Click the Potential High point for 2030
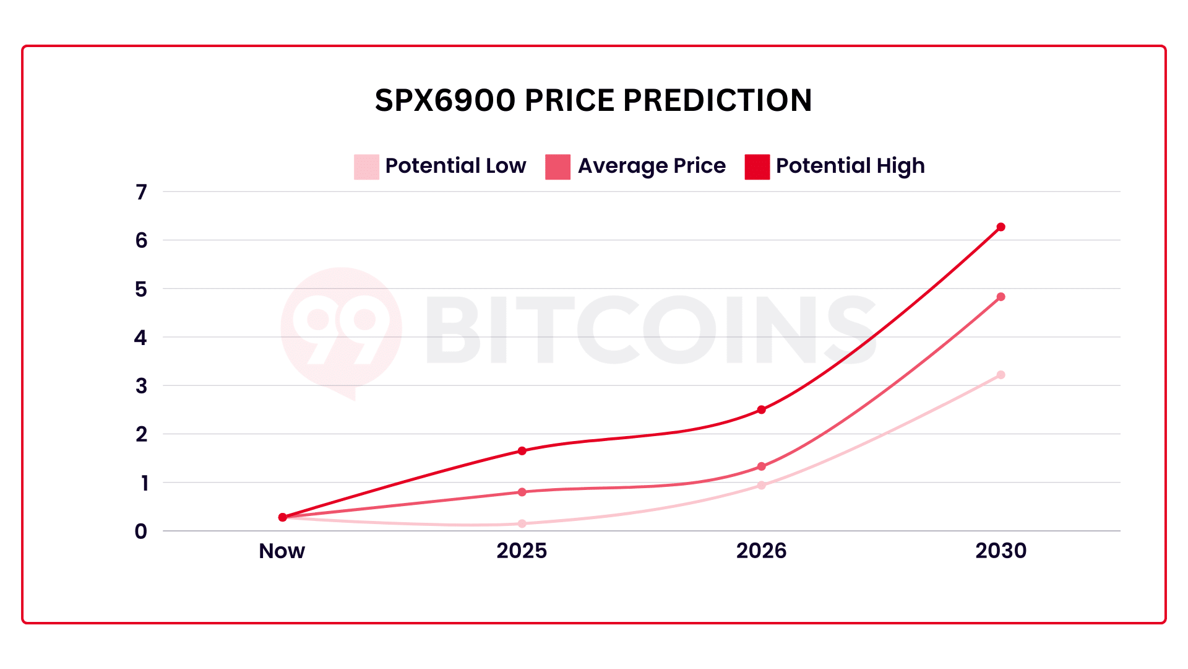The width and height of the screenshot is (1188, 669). coord(1001,227)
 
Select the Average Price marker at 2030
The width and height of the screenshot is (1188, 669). coord(1001,297)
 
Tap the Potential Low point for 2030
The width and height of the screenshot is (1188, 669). coord(1001,375)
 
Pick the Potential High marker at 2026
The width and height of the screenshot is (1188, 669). coord(761,410)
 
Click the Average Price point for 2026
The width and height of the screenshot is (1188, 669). coord(761,467)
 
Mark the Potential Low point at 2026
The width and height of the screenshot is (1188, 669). coord(761,486)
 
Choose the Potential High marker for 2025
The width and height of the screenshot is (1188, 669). coord(522,451)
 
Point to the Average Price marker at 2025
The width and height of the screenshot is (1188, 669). coord(522,492)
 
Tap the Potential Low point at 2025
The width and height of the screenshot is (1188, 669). coord(522,524)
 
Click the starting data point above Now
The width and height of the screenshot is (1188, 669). coord(283,517)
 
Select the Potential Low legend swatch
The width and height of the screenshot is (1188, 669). coord(366,167)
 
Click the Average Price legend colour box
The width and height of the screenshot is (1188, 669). coord(557,167)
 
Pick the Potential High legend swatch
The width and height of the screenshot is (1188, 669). coord(757,167)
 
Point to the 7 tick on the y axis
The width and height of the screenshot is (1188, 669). coord(142,193)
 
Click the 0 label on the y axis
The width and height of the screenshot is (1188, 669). coord(141,531)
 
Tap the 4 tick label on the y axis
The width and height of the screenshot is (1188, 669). coord(141,338)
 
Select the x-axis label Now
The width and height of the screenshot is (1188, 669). coord(282,551)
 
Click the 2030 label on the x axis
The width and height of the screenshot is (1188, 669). coord(1001,551)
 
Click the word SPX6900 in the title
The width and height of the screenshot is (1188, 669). coord(445,100)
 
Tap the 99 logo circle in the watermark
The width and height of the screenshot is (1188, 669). coord(341,329)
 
